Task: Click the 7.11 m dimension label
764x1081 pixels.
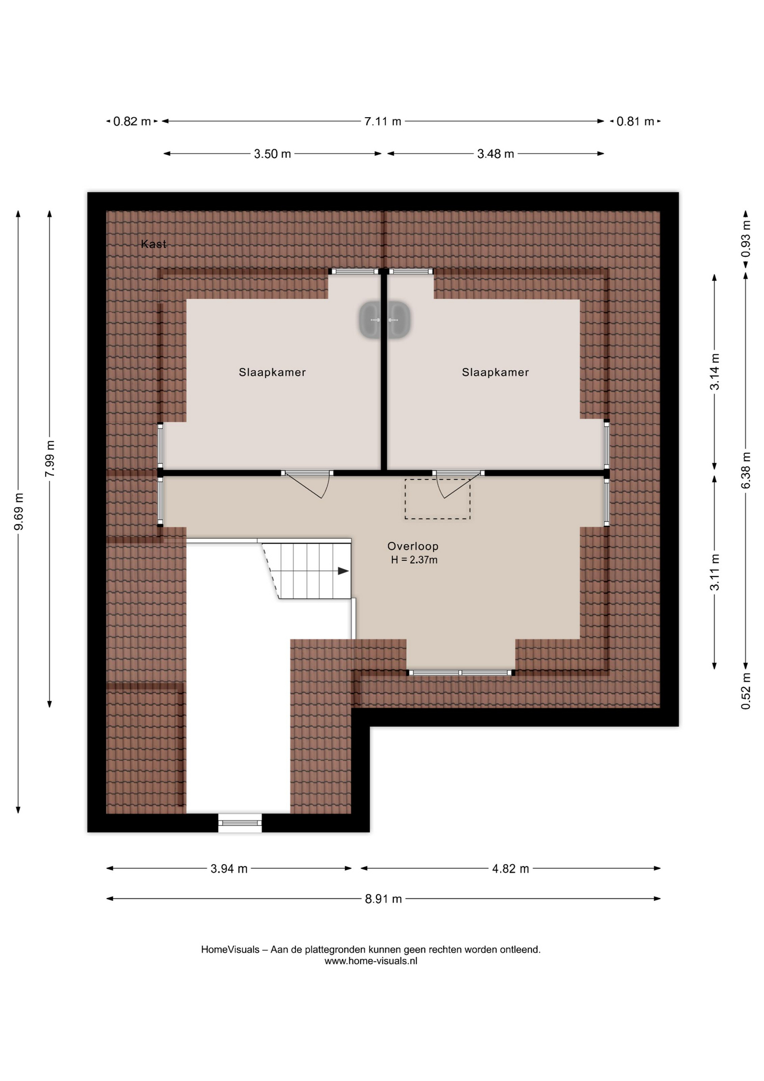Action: pyautogui.click(x=383, y=121)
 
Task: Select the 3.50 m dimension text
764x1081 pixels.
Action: pyautogui.click(x=272, y=154)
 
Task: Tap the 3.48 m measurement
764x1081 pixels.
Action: pyautogui.click(x=496, y=154)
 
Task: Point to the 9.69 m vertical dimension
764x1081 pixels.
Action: pyautogui.click(x=19, y=511)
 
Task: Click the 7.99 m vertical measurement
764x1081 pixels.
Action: pyautogui.click(x=50, y=458)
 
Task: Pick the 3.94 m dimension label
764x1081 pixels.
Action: pyautogui.click(x=229, y=869)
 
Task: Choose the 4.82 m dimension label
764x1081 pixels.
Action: pyautogui.click(x=511, y=869)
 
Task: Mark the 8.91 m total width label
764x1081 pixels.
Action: pyautogui.click(x=383, y=899)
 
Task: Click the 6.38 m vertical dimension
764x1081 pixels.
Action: pyautogui.click(x=746, y=470)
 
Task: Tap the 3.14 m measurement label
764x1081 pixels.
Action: pyautogui.click(x=714, y=372)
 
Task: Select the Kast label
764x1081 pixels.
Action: pyautogui.click(x=154, y=244)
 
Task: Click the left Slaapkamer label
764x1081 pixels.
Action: pyautogui.click(x=272, y=372)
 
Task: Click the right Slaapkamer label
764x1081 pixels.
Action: pyautogui.click(x=496, y=372)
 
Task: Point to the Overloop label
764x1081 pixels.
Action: pyautogui.click(x=413, y=546)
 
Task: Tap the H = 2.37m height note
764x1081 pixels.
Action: pyautogui.click(x=414, y=560)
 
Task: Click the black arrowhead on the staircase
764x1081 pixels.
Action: pyautogui.click(x=343, y=571)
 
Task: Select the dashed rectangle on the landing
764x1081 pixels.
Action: pyautogui.click(x=438, y=499)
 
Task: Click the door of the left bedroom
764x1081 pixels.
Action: pyautogui.click(x=307, y=484)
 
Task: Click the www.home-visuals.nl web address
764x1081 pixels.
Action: pyautogui.click(x=371, y=961)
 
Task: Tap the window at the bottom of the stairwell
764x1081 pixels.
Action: pyautogui.click(x=240, y=823)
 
